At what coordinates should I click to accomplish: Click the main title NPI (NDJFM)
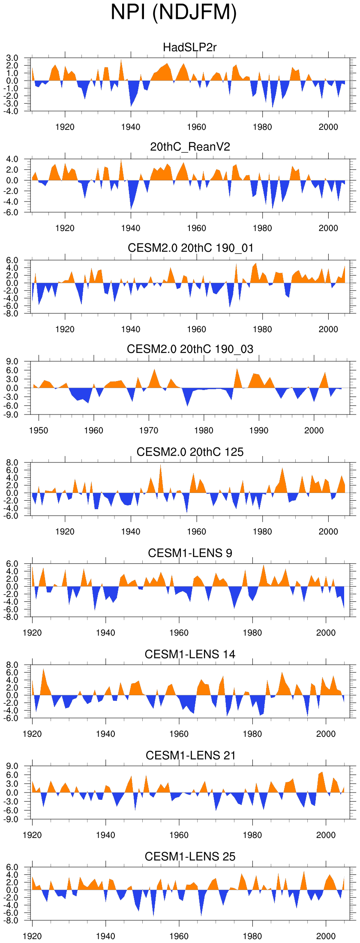coord(174,12)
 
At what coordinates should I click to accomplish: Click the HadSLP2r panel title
coord(190,47)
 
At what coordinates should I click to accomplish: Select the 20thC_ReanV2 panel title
coord(190,147)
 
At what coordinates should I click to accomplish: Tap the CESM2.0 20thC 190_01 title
coord(190,248)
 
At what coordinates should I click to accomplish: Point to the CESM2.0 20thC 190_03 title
coord(190,349)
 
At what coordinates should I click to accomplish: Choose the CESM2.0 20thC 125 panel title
coord(190,452)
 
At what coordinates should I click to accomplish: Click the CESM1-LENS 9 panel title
coord(190,553)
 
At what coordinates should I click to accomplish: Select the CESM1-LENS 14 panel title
coord(190,655)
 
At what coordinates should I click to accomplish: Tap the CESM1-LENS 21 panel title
coord(190,756)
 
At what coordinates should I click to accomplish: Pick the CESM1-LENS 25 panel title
coord(190,857)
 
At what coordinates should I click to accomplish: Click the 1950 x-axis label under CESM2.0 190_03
coord(39,431)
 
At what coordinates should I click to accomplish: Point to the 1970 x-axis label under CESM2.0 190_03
coord(149,431)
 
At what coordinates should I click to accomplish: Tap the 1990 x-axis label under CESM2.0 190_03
coord(259,431)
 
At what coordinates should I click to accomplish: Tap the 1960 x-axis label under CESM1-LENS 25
coord(179,937)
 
